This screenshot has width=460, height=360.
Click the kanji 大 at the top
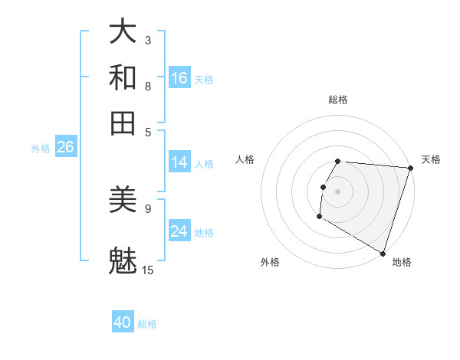pos(123,31)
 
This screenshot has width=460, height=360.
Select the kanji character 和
pos(123,77)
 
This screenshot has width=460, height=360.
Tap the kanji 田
pos(123,123)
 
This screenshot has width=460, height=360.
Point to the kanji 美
pos(123,200)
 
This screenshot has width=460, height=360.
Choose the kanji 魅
pos(123,260)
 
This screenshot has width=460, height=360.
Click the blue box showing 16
pos(179,78)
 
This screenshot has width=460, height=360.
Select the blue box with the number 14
pos(179,162)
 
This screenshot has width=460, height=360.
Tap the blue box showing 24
pos(179,231)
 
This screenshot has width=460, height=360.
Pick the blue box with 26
pos(65,148)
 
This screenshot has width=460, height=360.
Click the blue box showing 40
pos(123,322)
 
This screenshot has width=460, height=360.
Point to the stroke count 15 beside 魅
pos(148,270)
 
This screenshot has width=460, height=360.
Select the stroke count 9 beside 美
pos(148,208)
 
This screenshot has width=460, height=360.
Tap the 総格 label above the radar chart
pos(338,100)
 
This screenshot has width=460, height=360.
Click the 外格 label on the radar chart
pos(269,262)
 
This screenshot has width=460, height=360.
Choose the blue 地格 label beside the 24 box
pos(204,232)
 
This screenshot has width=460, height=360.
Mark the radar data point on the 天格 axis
pos(411,169)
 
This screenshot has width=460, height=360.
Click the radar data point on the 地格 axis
pos(383,253)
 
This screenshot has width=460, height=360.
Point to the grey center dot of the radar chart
pos(338,191)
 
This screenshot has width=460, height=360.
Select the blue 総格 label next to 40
pos(147,324)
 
